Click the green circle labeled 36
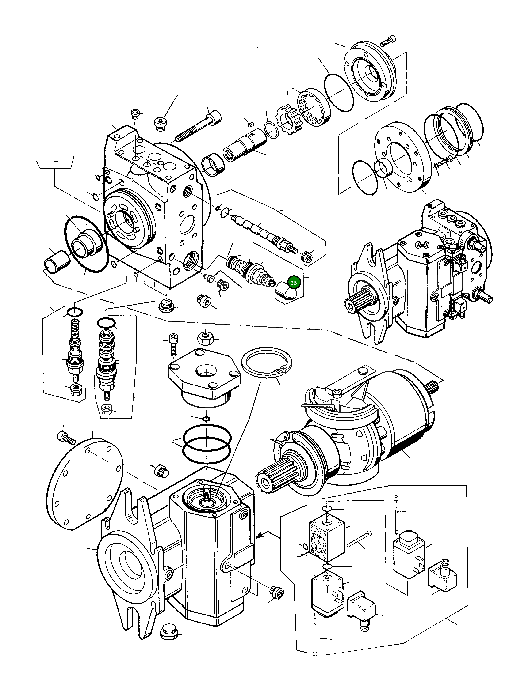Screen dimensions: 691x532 [x=293, y=283]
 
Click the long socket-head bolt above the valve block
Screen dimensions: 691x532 [x=199, y=127]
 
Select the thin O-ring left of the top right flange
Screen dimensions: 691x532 [x=339, y=93]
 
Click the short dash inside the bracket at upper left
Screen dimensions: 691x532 [x=56, y=161]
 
